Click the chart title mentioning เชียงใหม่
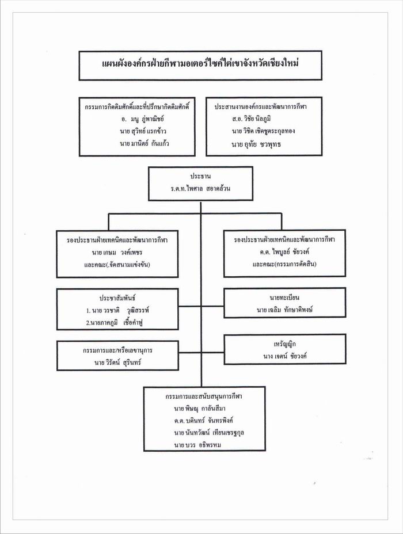(x=200, y=64)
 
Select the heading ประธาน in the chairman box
(x=200, y=175)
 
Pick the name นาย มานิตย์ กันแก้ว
(x=145, y=143)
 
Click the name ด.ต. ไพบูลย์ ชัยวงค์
(x=279, y=251)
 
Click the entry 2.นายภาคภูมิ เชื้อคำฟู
(x=115, y=323)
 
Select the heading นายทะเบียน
(x=284, y=297)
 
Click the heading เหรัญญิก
(x=285, y=344)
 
